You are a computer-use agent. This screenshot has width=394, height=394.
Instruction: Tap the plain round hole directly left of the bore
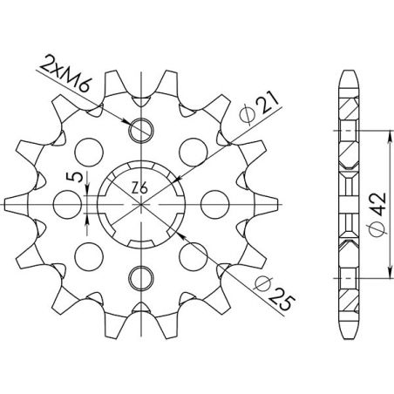point(65,205)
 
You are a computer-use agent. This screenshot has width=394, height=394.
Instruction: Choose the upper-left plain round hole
point(89,148)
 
